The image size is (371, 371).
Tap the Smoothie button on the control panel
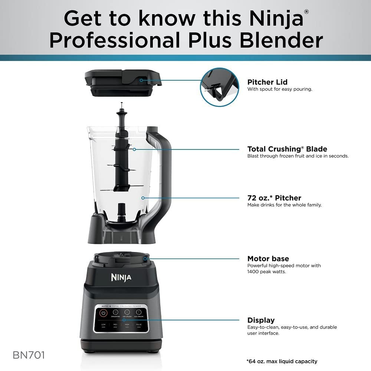point(115,313)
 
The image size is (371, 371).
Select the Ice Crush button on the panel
point(127,313)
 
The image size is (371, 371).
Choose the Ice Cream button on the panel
point(139,313)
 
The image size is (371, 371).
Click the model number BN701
point(29,355)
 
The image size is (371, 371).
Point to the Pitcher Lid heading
point(267,82)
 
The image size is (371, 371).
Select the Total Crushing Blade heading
point(287,149)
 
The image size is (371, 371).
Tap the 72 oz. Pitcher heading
point(274,198)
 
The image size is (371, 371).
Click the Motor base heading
point(268,259)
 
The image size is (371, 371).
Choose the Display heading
point(261,320)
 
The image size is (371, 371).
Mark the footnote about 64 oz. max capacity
point(282,361)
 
